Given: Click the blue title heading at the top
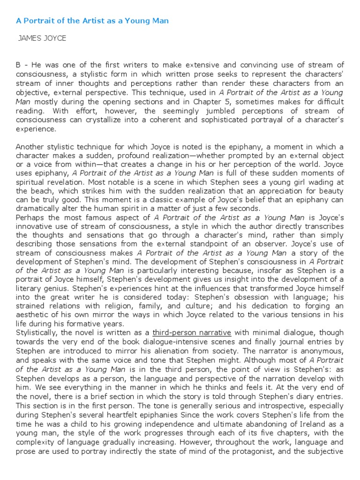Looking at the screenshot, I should pyautogui.click(x=92, y=21).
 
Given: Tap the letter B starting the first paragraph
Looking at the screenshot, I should pyautogui.click(x=19, y=65).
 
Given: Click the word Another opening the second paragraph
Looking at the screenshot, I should pyautogui.click(x=30, y=146).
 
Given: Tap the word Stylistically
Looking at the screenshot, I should pyautogui.click(x=39, y=333).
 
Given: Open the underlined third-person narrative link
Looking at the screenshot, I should pyautogui.click(x=192, y=333).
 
